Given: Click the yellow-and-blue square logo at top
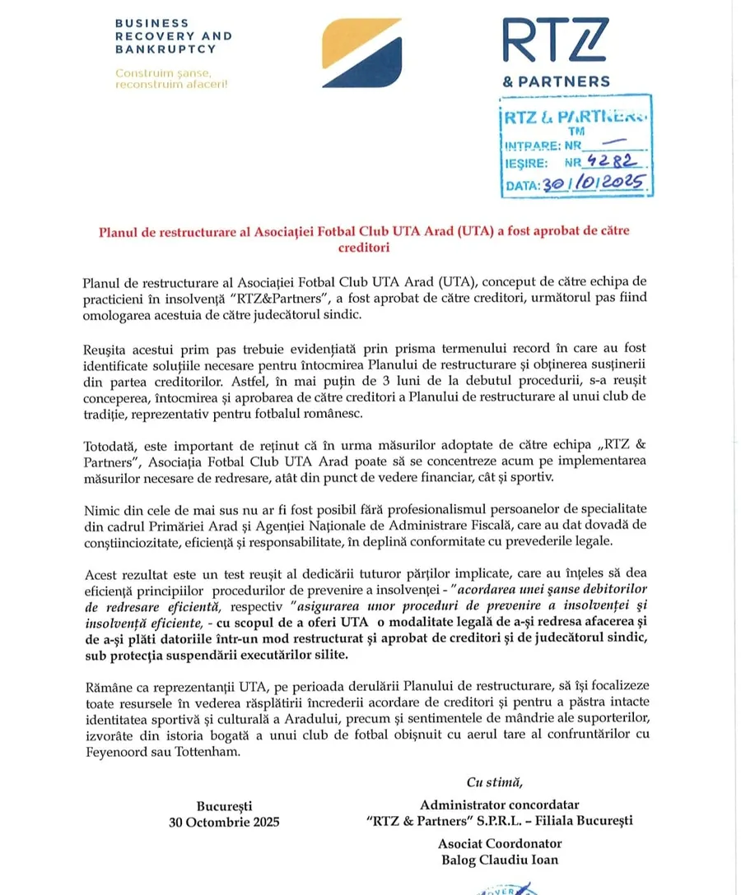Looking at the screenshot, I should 361,53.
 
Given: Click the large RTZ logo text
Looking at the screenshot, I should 556,41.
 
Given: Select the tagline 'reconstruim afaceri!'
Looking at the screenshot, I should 172,84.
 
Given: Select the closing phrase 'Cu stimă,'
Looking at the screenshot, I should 494,781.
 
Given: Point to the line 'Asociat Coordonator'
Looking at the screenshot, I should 500,844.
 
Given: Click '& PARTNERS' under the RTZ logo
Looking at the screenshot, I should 557,81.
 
